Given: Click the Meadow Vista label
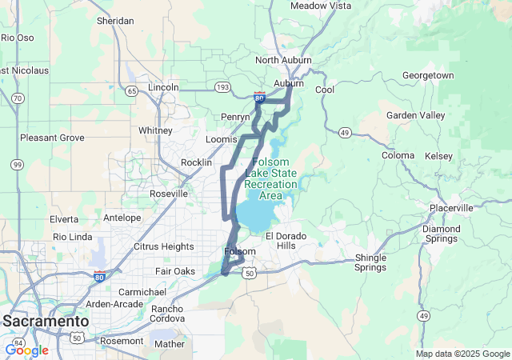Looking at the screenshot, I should pos(321,6).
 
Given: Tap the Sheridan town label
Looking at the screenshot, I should pos(115,21).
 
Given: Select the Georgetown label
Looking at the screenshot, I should pos(428,75).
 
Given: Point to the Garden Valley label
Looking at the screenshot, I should pos(415,115).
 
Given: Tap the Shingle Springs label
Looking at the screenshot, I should pos(370,262).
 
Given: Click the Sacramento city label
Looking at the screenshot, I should pos(46,321).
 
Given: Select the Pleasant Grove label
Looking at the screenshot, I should pos(52,138).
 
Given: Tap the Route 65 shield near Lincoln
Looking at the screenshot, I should pos(131,90).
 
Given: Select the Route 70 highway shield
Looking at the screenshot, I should pos(17,98).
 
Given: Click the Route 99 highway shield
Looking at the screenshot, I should pos(17,164).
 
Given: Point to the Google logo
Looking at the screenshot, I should pos(26,350).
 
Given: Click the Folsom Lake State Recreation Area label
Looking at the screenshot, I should pos(270,178).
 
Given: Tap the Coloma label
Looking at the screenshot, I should pos(398,155).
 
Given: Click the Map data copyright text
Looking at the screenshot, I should pos(462,354).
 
